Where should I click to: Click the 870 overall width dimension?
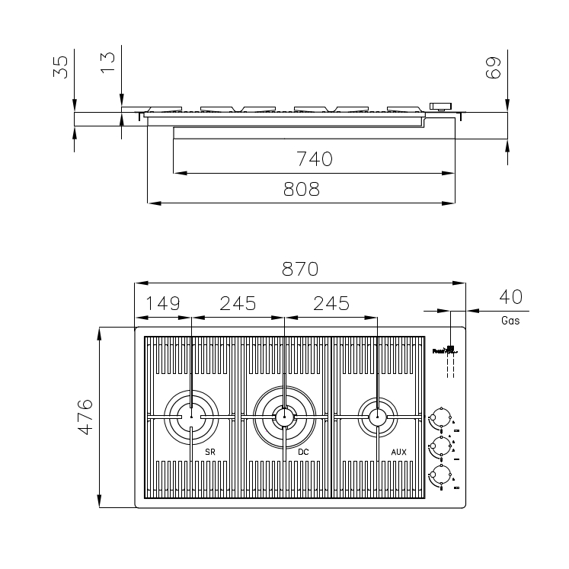[299, 269]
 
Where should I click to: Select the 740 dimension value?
[314, 159]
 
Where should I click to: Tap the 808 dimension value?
[301, 190]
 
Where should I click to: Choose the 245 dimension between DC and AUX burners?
[330, 303]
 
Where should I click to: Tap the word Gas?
[510, 321]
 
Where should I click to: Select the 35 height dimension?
[60, 67]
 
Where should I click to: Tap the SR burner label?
[210, 452]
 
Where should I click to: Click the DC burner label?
[303, 452]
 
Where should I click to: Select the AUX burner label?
[398, 452]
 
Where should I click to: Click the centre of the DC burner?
[284, 416]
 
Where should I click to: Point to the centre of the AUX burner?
[376, 416]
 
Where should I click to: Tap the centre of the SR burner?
[191, 416]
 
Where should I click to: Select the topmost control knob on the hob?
[438, 417]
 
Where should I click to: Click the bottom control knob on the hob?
[438, 476]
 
